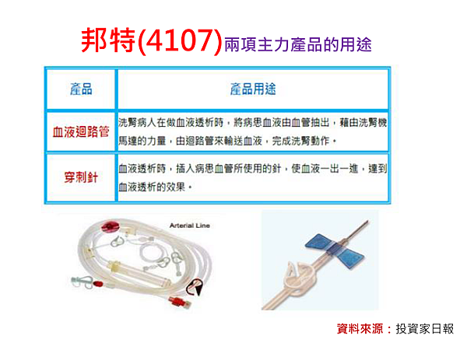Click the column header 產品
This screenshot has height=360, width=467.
[81, 89]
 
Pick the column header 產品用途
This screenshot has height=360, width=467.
[253, 89]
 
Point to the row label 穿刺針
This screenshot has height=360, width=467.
[81, 177]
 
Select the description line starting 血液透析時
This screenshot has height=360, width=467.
[252, 168]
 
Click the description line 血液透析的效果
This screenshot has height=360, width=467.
[155, 187]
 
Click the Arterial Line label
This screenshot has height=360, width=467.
[190, 225]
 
